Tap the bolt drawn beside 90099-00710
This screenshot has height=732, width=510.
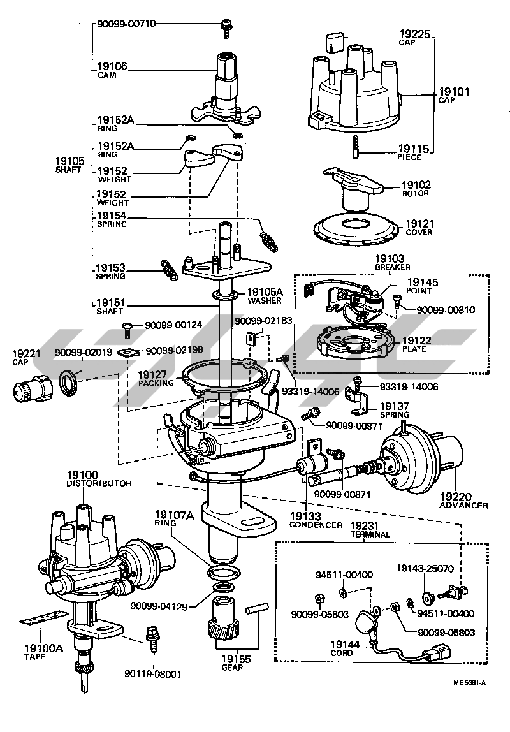click(226, 25)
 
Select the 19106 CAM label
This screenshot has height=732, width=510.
click(112, 70)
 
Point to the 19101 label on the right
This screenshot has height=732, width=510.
click(454, 92)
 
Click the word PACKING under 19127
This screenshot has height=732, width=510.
click(156, 383)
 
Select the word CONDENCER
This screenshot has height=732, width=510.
click(316, 525)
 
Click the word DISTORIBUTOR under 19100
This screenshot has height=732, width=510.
click(99, 484)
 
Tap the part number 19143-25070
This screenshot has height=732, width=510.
click(425, 567)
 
